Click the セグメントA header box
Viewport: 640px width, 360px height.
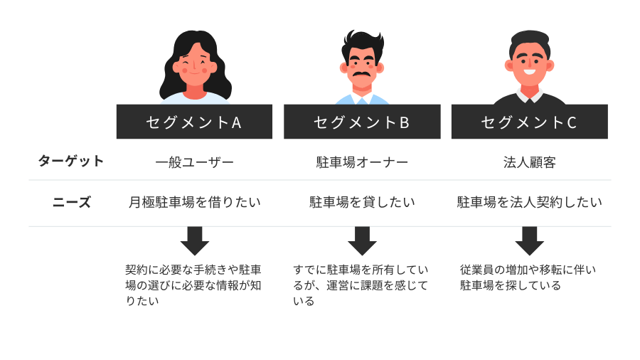pos(194,122)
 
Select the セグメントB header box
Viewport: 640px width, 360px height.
pos(362,122)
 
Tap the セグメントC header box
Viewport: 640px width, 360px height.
pos(529,122)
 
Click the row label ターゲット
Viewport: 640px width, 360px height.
pos(71,161)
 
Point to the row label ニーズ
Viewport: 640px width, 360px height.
pos(72,202)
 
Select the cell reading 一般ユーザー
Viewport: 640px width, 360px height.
pos(194,162)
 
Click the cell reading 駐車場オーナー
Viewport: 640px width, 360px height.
pos(362,162)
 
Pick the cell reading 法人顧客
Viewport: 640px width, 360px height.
pos(529,162)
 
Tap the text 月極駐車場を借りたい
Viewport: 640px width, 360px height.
pos(194,203)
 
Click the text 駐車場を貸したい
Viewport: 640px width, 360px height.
pos(362,203)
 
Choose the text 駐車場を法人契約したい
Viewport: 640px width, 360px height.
pos(529,203)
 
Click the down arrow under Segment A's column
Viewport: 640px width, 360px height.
pos(194,241)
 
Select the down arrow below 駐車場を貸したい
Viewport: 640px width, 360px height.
pos(362,241)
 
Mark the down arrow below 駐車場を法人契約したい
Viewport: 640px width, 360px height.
pos(529,241)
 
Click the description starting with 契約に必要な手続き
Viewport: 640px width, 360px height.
pos(193,285)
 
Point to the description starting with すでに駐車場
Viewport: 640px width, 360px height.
pos(361,285)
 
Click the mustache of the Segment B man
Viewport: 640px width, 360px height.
pos(361,72)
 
